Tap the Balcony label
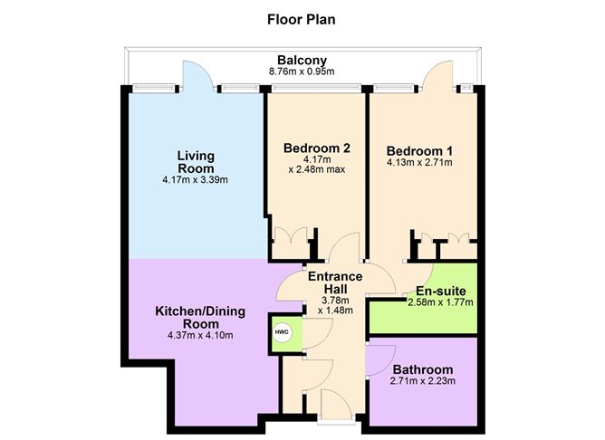coord(302,62)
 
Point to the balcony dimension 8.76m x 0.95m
coord(302,72)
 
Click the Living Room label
coord(196,161)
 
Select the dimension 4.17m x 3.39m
coord(196,179)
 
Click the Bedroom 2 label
coord(316,148)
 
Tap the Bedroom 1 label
coord(419,150)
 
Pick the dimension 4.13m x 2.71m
coord(419,163)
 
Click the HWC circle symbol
coord(281,332)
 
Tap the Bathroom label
coord(422,369)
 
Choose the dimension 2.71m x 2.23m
coord(422,381)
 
